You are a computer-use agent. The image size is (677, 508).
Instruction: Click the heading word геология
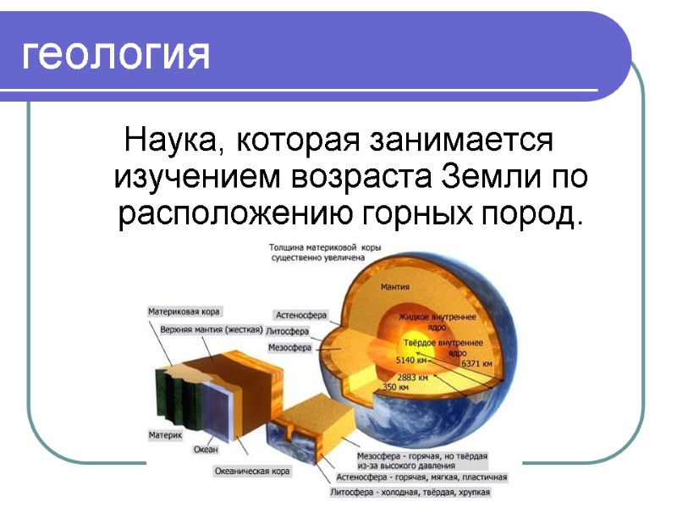click(115, 55)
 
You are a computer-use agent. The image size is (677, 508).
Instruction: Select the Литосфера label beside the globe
click(288, 331)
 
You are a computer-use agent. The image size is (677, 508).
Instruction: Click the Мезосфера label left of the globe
click(289, 348)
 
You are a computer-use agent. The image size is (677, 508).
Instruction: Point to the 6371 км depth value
click(476, 363)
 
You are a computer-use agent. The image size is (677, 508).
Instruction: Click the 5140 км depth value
click(412, 360)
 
